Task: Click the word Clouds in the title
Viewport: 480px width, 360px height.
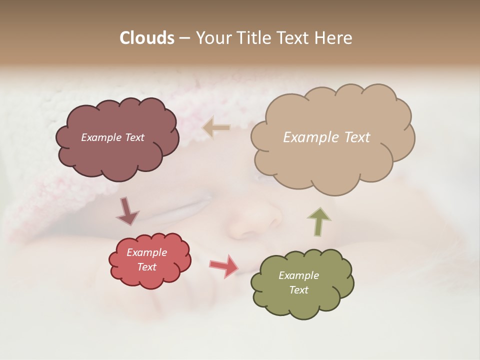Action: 146,38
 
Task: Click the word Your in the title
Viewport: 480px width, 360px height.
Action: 213,38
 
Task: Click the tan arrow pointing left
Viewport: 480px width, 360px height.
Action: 216,128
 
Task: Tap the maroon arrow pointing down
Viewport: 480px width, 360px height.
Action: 127,211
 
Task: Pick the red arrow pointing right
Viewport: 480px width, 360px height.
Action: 224,266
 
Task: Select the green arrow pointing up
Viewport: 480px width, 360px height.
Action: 318,221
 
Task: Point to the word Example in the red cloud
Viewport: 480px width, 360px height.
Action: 146,252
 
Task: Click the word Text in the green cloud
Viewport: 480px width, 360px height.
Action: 298,290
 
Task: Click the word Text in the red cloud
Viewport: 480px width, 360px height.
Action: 147,267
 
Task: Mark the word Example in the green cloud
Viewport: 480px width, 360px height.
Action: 298,275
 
